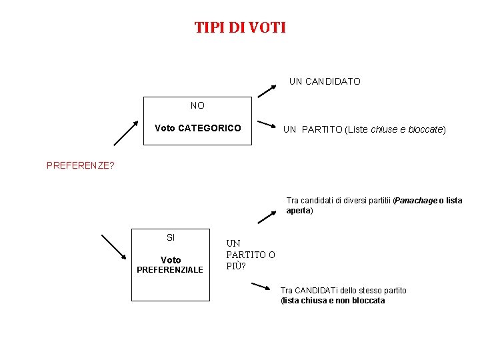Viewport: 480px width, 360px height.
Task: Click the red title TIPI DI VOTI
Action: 240,27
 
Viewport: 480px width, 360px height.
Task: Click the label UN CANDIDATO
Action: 325,81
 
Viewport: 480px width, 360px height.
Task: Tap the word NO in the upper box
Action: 197,105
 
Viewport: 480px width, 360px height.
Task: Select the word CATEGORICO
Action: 210,128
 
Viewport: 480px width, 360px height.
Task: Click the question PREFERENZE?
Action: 80,165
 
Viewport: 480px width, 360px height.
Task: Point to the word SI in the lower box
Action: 171,237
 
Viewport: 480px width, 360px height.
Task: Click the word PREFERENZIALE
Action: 170,270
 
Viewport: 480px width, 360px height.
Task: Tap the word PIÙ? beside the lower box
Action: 236,267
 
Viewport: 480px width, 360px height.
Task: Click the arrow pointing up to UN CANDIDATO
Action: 267,89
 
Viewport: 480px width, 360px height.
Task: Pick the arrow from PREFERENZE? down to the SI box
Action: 113,246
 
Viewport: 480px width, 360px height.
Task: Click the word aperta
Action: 298,211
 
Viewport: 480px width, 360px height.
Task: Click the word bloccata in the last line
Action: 369,301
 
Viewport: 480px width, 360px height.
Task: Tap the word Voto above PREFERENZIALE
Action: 171,260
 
